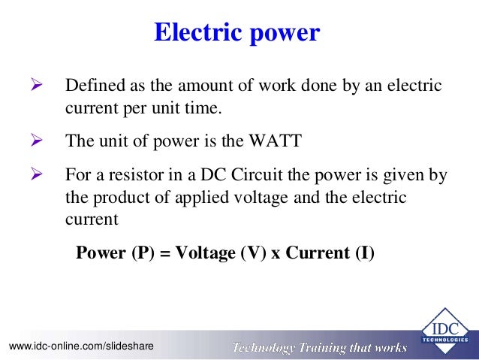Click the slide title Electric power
pos(236,32)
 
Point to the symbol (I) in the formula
pos(362,253)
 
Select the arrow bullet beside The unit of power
pos(34,140)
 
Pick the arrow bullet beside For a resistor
pos(34,174)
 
